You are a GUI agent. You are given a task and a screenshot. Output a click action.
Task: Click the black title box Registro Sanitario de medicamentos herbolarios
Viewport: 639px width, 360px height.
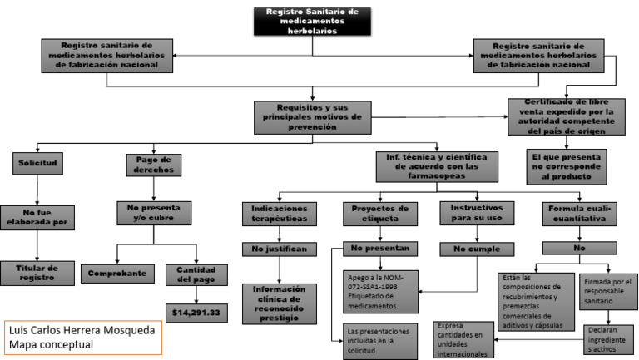point(313,21)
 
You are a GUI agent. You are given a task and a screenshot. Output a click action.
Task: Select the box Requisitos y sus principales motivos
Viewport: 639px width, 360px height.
point(312,116)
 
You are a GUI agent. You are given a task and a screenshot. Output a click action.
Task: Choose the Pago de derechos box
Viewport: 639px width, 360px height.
point(154,164)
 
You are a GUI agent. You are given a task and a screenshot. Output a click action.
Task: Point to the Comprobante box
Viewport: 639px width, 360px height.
point(117,273)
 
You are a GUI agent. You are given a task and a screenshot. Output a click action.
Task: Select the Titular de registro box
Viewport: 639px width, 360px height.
point(38,273)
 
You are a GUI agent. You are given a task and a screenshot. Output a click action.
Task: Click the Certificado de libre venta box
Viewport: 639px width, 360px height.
point(566,116)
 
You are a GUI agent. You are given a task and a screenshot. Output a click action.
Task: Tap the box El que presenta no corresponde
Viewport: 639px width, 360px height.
point(566,165)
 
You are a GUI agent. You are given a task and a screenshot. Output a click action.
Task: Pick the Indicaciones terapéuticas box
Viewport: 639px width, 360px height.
point(279,214)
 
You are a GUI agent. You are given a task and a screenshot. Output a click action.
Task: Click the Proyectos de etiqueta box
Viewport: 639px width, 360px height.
point(379,214)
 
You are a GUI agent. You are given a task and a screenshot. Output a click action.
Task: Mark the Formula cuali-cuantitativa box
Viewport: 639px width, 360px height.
point(578,214)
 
